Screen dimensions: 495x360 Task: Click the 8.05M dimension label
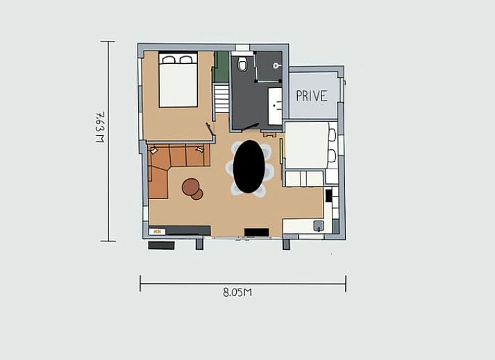tap(237, 293)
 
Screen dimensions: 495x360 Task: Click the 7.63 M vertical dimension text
tap(100, 127)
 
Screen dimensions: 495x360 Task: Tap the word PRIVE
tap(312, 96)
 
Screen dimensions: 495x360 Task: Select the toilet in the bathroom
tap(242, 63)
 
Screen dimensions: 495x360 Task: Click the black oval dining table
tap(249, 166)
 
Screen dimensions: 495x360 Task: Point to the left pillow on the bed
tap(169, 60)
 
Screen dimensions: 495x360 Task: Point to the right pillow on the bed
tap(186, 60)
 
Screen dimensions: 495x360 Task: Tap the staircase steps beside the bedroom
tap(221, 98)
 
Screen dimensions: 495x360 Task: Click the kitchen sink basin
tap(319, 226)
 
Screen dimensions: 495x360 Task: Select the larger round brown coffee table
tap(190, 187)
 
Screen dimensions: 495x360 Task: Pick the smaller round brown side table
tap(197, 194)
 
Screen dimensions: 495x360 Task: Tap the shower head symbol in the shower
tap(276, 66)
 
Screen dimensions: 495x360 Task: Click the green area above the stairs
tap(221, 67)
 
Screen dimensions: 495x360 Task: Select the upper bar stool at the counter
tap(333, 135)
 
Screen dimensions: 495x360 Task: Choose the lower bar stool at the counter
tap(332, 156)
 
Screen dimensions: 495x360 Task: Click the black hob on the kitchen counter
tap(328, 196)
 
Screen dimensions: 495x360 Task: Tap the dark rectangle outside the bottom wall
tap(161, 245)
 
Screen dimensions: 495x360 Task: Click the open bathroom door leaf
tap(251, 126)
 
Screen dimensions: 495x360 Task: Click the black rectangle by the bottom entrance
tap(257, 232)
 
